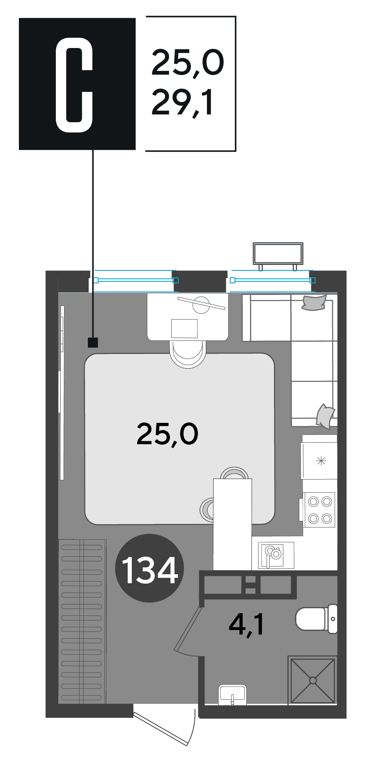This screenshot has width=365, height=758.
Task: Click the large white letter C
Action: [x=74, y=85]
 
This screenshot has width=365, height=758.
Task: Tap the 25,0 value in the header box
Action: [x=188, y=62]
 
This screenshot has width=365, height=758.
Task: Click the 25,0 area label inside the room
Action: [x=168, y=435]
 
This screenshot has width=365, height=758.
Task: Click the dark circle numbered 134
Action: [x=150, y=568]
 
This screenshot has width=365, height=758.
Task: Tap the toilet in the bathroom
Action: [x=317, y=619]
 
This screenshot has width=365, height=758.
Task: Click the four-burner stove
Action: [x=319, y=510]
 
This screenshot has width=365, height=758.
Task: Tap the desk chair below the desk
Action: [x=188, y=354]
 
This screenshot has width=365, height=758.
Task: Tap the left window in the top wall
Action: [x=136, y=281]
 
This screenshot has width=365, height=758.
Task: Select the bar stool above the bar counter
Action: [x=234, y=473]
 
